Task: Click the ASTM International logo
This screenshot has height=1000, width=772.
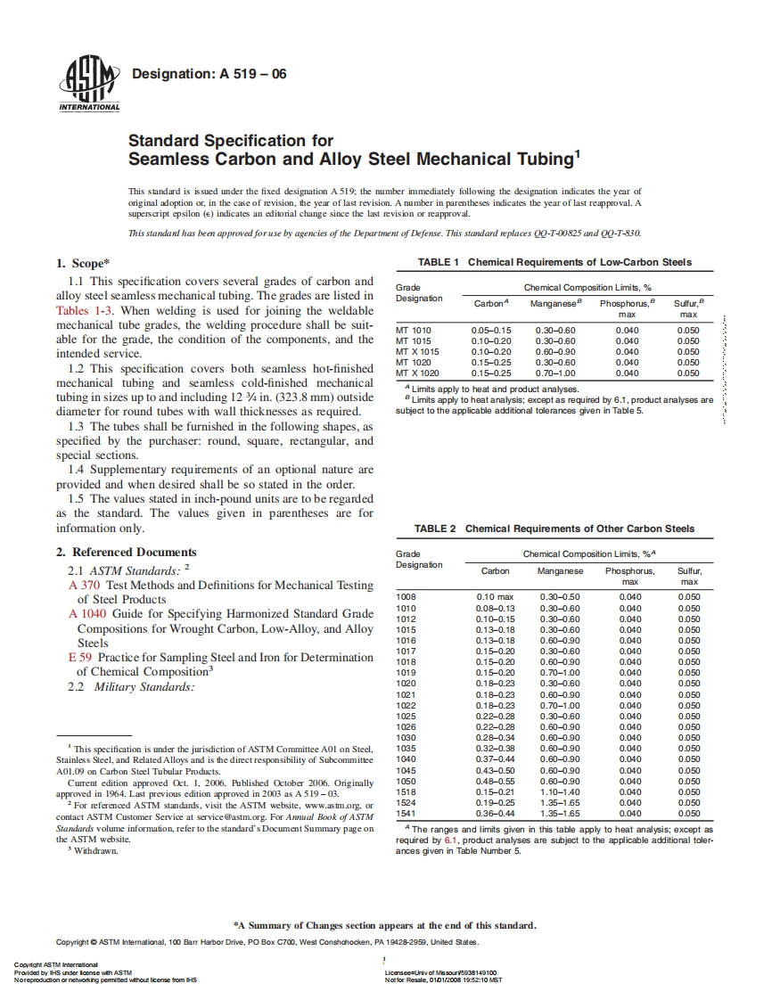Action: [88, 85]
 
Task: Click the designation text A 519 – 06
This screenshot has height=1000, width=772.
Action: [209, 74]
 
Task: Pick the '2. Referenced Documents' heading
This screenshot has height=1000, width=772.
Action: [126, 553]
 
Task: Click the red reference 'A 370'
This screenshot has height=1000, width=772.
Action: [84, 585]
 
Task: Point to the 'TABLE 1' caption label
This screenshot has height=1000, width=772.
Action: [439, 262]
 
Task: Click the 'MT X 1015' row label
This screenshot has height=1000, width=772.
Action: [417, 351]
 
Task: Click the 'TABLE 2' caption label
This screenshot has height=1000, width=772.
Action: [437, 529]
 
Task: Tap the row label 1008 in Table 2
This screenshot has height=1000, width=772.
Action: [406, 596]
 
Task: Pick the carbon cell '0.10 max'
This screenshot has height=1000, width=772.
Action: [495, 596]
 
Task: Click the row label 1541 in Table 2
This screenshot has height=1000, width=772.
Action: [406, 813]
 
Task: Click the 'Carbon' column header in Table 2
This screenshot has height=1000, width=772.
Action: [495, 570]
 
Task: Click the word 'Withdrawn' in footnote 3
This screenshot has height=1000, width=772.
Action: [95, 849]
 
